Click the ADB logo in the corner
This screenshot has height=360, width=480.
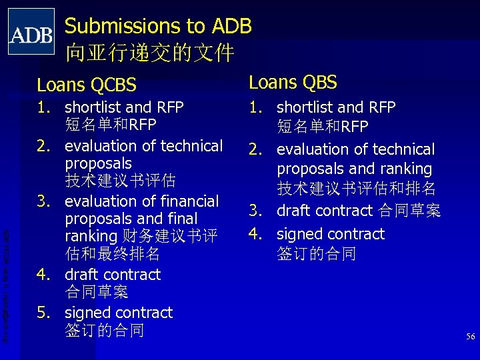(31, 31)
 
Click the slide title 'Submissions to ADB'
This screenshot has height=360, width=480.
(158, 26)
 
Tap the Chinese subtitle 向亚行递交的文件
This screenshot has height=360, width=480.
(149, 51)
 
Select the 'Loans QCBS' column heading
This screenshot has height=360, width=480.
(87, 85)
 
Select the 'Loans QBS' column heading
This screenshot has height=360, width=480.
(293, 82)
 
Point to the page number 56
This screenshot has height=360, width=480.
(470, 337)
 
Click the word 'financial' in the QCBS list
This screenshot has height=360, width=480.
(189, 201)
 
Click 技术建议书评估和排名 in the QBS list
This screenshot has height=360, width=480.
(356, 188)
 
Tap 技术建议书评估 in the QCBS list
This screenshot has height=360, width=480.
(120, 181)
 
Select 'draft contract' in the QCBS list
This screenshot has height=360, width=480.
(112, 274)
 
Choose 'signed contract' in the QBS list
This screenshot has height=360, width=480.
(330, 234)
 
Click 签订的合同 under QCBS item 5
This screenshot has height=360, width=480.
(104, 330)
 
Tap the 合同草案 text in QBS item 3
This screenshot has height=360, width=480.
(409, 211)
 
